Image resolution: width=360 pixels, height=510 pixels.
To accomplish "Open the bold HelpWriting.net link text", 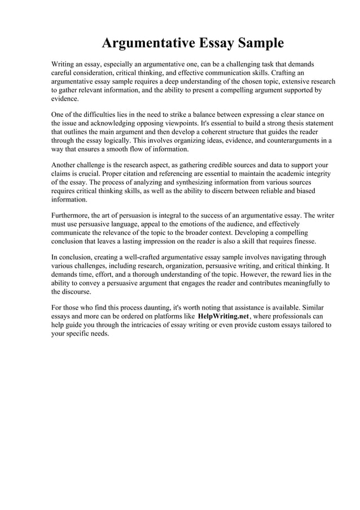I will [223, 317].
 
